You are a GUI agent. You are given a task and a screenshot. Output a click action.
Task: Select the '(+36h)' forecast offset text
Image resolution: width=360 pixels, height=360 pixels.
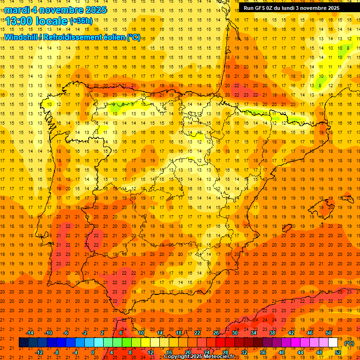pos(81,21)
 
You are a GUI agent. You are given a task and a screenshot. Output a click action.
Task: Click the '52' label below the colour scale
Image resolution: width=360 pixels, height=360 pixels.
pos(338,352)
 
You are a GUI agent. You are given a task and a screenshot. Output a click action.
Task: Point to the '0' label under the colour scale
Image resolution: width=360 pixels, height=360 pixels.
pos(93,352)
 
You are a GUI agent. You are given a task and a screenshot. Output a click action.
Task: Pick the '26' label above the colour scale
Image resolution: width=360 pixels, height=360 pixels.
pos(216,333)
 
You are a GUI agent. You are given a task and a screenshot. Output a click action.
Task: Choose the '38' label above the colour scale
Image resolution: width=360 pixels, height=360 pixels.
pos(272,333)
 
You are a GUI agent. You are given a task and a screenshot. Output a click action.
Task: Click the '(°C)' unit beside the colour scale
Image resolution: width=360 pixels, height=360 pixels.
pos(349,343)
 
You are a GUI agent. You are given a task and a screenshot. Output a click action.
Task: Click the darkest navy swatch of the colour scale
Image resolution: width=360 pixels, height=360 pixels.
pos(23,343)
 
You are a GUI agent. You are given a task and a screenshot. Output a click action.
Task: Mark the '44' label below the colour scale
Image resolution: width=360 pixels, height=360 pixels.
pos(300,352)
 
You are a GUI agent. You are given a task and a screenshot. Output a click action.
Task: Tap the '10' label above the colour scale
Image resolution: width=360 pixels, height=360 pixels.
pos(141,333)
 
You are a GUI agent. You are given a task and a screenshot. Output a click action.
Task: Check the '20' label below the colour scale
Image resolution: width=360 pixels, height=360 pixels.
pos(188,352)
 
